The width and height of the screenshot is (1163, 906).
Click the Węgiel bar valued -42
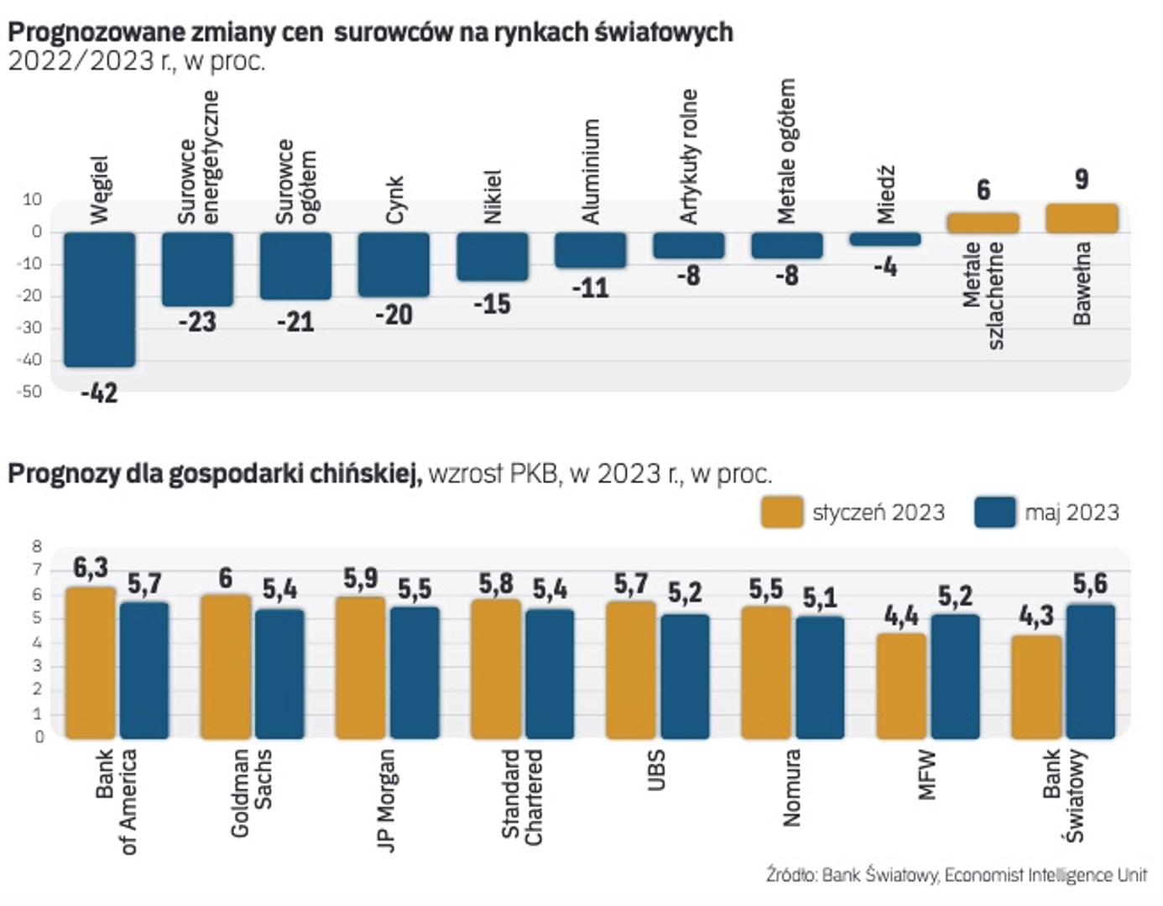[100, 299]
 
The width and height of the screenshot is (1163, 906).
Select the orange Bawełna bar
[1082, 218]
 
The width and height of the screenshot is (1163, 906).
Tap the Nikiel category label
[493, 197]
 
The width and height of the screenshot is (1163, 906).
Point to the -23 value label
[197, 322]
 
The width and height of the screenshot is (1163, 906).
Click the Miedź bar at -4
[885, 239]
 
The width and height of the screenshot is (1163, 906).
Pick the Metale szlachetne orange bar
[983, 223]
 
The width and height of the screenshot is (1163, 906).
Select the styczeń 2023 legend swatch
[782, 513]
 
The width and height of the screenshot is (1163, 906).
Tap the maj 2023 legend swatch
[995, 513]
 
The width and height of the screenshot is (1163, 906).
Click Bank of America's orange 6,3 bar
[91, 663]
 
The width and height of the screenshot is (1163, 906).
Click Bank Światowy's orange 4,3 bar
[1036, 687]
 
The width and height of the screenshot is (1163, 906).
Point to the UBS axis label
[656, 770]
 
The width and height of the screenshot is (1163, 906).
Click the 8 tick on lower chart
[37, 547]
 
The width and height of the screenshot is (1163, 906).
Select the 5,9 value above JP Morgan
[361, 579]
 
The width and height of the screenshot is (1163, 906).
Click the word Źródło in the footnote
[790, 875]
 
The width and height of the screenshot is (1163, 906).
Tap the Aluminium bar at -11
[591, 250]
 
